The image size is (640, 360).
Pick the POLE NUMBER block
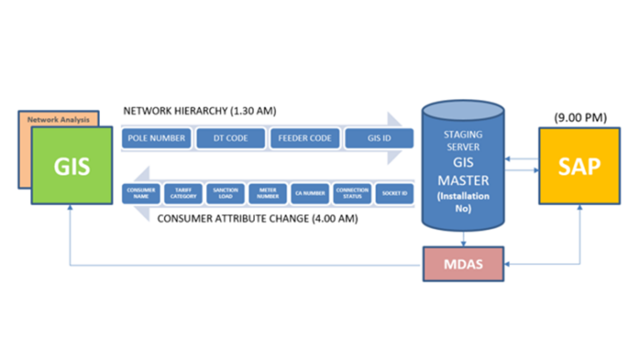tap(157, 137)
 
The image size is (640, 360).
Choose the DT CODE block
tap(230, 137)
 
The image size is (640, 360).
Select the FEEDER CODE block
tap(303, 137)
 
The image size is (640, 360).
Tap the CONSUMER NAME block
tap(140, 192)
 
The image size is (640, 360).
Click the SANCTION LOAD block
tap(225, 192)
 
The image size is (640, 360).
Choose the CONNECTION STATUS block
tap(351, 192)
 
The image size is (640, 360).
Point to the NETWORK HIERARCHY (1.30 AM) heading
tap(199, 111)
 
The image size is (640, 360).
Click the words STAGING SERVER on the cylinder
tap(462, 138)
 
